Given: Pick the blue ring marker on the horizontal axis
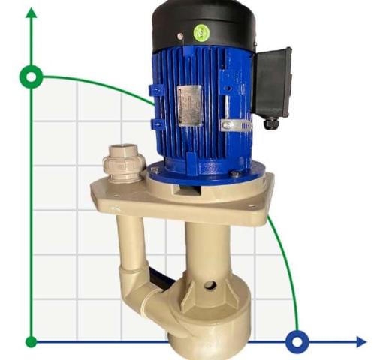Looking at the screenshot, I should click(297, 342).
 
